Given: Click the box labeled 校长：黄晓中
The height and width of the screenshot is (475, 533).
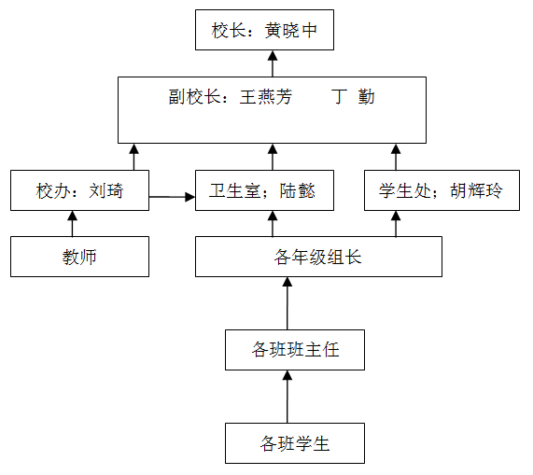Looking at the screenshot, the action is point(264,30).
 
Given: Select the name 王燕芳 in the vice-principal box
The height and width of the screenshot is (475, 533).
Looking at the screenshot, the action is point(266,97).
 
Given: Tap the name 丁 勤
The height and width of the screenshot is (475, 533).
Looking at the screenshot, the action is point(353,97).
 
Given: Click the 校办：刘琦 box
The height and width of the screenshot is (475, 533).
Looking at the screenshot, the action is point(79,190).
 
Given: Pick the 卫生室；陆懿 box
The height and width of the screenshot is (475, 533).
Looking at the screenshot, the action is point(264,190).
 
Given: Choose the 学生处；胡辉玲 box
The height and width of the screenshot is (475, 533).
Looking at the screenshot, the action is point(442,190).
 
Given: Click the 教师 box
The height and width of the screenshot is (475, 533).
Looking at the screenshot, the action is point(79,257).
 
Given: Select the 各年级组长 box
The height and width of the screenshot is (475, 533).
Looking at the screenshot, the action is point(318,257).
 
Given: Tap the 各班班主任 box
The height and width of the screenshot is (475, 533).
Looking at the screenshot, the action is point(295,350).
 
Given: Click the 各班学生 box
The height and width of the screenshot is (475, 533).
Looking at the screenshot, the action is point(295,443).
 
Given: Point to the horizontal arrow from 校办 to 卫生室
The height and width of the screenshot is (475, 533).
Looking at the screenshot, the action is point(172,197).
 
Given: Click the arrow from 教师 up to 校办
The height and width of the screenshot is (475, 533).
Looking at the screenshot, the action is point(72,224).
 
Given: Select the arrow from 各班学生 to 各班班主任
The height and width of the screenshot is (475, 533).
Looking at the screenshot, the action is point(288,397).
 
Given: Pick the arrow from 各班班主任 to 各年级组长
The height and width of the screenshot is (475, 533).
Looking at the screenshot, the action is point(288,303).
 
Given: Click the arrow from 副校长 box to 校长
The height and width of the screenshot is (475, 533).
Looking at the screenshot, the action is point(273,63).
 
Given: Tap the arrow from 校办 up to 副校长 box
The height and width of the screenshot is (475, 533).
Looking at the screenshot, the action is point(133,157).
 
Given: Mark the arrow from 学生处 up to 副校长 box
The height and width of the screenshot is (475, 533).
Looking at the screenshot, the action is point(396,157).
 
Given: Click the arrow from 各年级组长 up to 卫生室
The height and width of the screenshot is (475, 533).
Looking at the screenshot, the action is point(273,224).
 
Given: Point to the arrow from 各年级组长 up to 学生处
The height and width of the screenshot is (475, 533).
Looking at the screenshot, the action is point(396,224).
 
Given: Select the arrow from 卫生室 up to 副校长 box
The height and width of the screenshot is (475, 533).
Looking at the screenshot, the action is point(273,157).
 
